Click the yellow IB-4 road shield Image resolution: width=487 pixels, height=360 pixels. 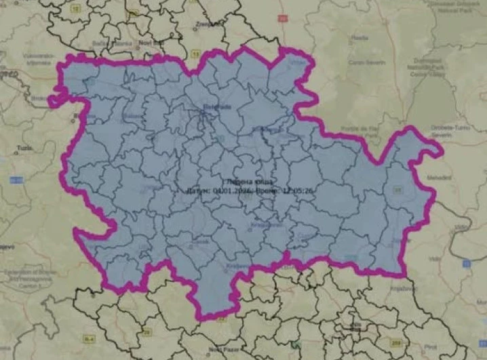click(x=90, y=336)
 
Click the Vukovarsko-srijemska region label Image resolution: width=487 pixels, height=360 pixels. click(x=26, y=59)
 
